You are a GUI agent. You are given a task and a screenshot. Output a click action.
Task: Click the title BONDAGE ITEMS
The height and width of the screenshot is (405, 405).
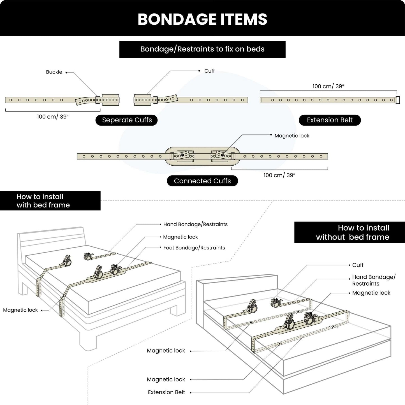point(202,19)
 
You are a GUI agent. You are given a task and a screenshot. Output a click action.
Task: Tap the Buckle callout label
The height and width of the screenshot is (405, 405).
point(54,72)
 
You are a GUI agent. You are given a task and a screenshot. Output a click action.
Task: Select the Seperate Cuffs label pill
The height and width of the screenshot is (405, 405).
point(127,120)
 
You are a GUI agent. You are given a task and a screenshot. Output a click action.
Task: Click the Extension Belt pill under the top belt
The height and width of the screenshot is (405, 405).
point(330,120)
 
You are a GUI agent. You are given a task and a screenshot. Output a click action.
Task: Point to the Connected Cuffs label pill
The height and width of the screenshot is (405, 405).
point(202,181)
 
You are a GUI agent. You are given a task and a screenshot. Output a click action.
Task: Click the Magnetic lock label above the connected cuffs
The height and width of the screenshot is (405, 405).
point(292,136)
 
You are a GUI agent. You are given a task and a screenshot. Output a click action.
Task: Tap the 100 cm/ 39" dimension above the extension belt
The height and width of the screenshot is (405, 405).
point(328,86)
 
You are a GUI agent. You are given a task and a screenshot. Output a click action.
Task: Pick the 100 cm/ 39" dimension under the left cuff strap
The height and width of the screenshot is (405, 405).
point(53,117)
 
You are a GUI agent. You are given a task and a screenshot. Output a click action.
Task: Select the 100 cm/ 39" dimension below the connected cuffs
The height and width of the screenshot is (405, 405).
point(279,175)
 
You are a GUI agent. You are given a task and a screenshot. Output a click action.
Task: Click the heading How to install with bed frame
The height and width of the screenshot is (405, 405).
point(43,201)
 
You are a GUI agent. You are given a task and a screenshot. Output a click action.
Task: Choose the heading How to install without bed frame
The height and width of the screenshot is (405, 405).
point(353,232)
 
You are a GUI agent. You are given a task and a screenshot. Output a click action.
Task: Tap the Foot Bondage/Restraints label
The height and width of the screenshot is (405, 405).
point(194,248)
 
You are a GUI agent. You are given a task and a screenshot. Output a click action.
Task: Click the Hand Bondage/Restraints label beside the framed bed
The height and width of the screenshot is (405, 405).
point(195,224)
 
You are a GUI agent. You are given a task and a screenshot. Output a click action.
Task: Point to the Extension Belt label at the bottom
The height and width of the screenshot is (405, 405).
point(166,392)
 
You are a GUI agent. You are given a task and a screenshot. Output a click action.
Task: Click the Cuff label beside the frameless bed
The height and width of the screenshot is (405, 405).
point(358,265)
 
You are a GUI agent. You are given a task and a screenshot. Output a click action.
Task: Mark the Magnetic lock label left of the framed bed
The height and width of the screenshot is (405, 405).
point(20,310)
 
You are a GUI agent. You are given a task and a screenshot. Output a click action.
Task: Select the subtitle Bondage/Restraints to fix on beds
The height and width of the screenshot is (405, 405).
point(202,49)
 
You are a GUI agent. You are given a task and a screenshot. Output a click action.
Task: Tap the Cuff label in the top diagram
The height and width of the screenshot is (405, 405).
point(209,71)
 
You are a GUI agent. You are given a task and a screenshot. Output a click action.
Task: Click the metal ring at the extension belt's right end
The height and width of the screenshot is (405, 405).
point(398,100)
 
